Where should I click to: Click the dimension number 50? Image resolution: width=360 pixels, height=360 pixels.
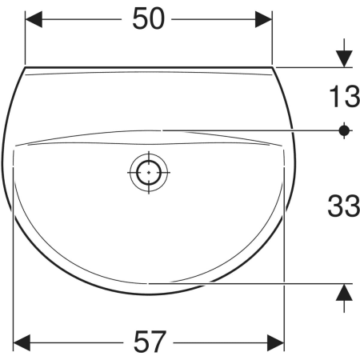[149, 18]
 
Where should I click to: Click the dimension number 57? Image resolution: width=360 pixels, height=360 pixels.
[150, 342]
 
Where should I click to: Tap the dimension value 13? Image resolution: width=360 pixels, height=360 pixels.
[345, 96]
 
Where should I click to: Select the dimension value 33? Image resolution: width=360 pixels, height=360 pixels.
[344, 206]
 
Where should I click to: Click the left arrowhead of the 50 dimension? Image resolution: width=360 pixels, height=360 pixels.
[34, 19]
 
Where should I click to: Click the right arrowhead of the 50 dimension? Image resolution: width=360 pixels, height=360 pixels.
[263, 19]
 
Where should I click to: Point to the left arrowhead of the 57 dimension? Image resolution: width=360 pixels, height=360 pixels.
[22, 342]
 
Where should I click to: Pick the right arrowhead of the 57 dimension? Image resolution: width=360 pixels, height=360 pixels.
[276, 342]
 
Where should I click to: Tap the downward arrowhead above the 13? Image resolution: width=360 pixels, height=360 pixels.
[344, 58]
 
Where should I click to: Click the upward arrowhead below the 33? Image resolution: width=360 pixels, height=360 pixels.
[344, 292]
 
